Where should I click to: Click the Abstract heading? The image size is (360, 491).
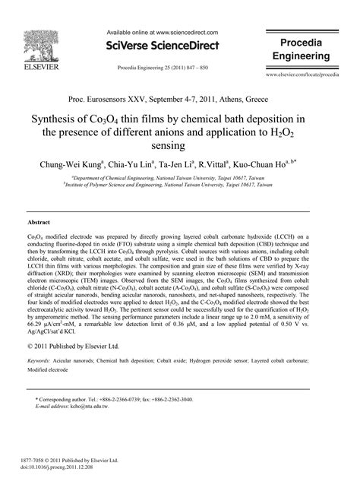pos(39,222)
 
